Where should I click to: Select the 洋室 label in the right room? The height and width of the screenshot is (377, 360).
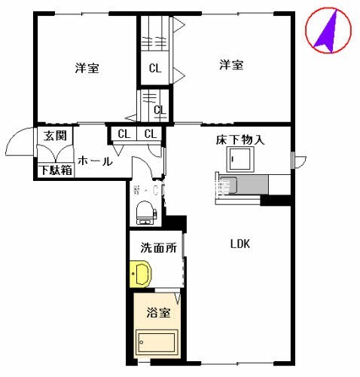click(231, 65)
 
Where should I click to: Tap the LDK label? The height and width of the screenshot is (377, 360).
click(239, 244)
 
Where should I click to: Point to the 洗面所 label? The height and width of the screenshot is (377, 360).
click(158, 247)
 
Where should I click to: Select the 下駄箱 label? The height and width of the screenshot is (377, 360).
click(56, 170)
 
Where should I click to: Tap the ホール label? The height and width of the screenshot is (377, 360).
click(95, 161)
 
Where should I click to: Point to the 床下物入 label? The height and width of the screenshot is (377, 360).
click(239, 139)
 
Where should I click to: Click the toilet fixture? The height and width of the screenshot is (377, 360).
click(145, 210)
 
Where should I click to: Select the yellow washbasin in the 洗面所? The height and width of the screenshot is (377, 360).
click(139, 274)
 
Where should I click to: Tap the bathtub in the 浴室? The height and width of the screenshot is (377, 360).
click(156, 343)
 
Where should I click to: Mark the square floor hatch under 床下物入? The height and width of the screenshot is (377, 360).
click(241, 159)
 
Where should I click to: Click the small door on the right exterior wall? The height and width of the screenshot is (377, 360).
click(299, 160)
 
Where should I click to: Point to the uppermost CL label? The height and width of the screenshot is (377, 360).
click(154, 69)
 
